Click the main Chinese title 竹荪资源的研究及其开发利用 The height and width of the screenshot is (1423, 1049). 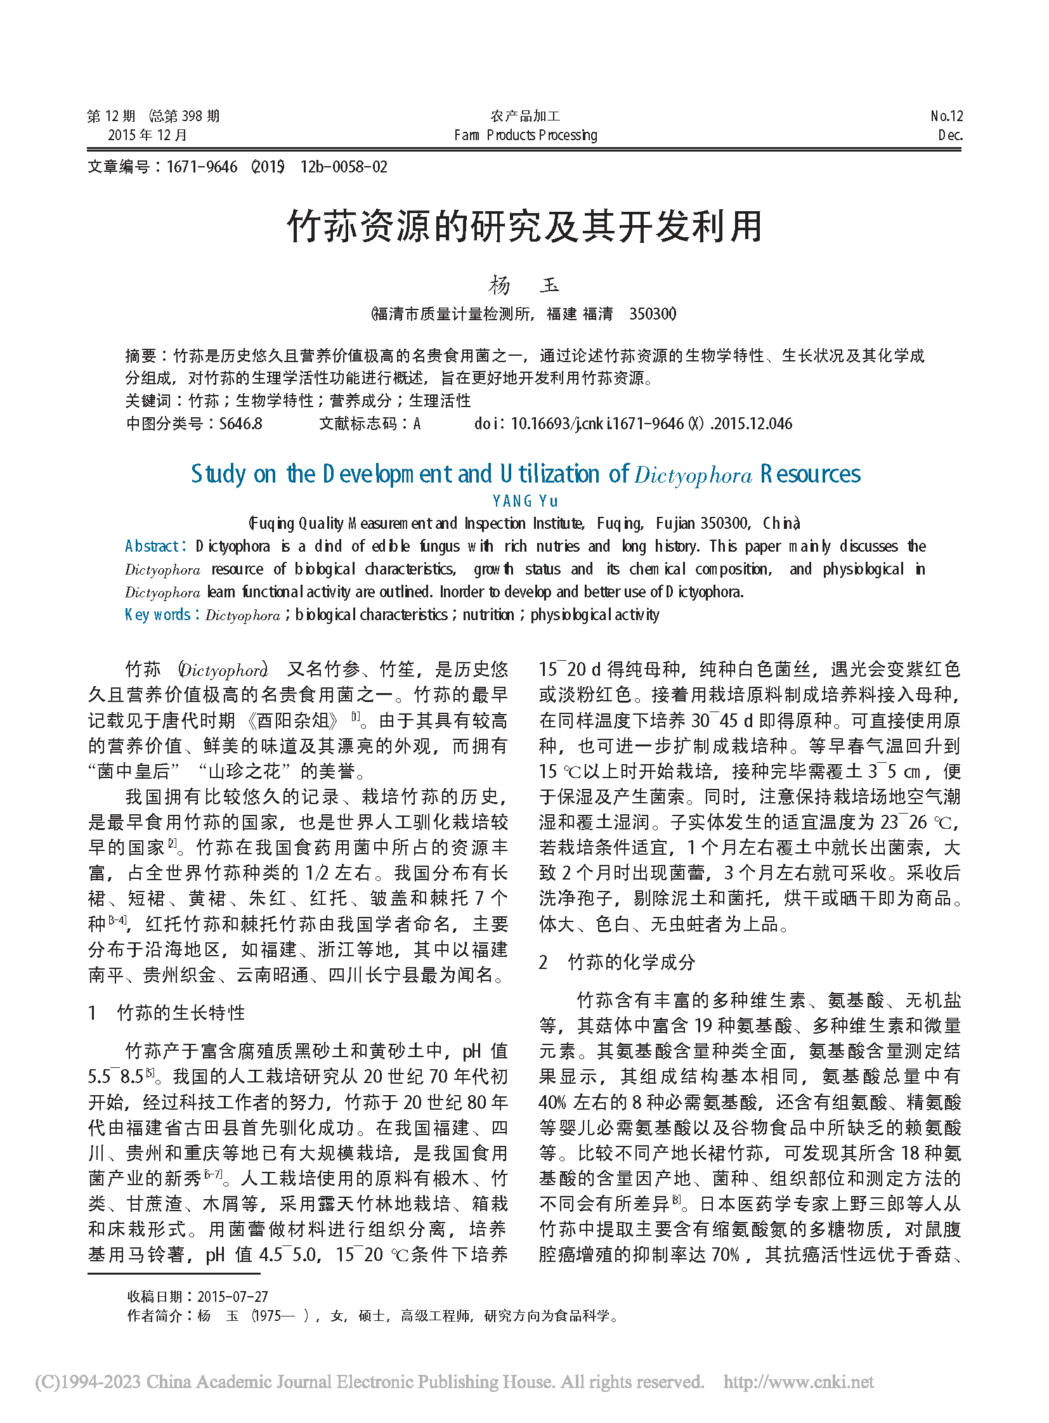(524, 226)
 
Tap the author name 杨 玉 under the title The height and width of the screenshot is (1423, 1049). (524, 285)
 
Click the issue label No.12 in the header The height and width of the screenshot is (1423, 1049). (946, 116)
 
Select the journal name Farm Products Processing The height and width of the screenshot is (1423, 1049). (525, 135)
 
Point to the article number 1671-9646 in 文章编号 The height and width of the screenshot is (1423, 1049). (201, 167)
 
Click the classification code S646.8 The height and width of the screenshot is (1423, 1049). (240, 424)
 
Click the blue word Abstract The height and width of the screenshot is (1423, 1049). (152, 546)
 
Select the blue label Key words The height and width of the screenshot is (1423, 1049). (157, 614)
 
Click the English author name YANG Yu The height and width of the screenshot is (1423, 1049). (524, 501)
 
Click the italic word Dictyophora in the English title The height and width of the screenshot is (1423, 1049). (693, 476)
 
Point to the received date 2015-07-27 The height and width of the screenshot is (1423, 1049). (232, 1296)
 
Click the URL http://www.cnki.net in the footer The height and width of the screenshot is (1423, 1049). (798, 1382)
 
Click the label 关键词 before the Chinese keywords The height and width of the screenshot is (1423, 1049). (148, 401)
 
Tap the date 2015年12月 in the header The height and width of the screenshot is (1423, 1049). (147, 135)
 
